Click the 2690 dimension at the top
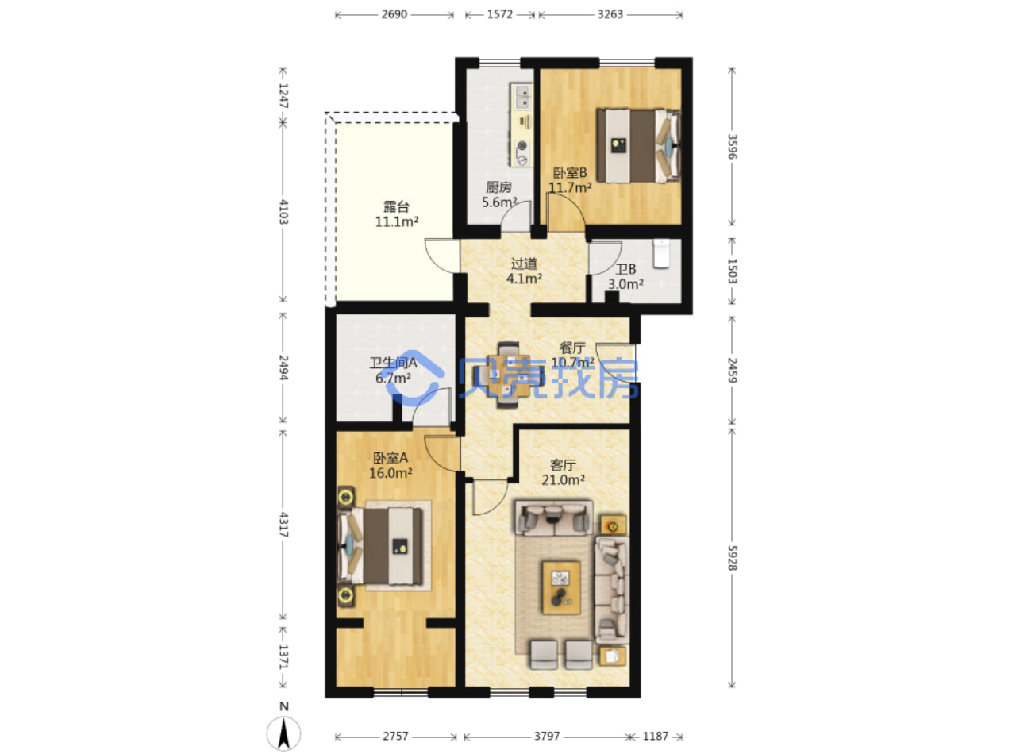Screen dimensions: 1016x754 (394, 14)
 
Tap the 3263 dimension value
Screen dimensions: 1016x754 (610, 14)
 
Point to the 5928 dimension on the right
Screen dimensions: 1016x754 (732, 557)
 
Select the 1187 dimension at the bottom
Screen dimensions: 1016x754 (655, 736)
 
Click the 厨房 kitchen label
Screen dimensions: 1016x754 (498, 187)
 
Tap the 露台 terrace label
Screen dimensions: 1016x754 (396, 206)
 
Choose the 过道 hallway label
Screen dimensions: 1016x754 (524, 264)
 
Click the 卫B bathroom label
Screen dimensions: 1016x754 (625, 269)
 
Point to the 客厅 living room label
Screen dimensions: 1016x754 (563, 465)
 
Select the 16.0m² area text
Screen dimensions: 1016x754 (391, 473)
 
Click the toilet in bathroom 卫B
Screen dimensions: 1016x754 (661, 253)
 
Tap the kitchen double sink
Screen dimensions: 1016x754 (521, 96)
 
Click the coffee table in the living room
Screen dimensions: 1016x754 (561, 587)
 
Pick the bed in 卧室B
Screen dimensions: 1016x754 (637, 146)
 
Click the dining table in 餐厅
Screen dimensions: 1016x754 (510, 375)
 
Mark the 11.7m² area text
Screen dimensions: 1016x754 (570, 187)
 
